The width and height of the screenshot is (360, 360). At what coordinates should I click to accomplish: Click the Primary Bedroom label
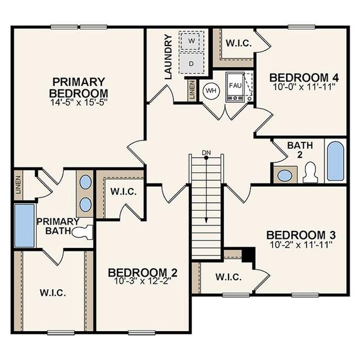[x=79, y=88]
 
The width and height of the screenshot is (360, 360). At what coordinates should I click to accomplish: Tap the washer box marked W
[x=192, y=40]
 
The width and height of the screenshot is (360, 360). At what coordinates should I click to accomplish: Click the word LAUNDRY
[x=169, y=57]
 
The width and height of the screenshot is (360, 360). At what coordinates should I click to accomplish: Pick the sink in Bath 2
[x=285, y=176]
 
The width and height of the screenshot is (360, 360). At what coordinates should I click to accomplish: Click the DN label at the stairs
[x=206, y=152]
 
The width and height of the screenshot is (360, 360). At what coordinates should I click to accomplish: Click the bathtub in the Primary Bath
[x=24, y=225]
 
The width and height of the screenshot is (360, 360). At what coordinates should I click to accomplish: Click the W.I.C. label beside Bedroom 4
[x=238, y=43]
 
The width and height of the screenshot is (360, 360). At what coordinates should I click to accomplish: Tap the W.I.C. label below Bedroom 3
[x=228, y=277]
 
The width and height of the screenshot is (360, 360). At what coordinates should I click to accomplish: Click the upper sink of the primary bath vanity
[x=85, y=182]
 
